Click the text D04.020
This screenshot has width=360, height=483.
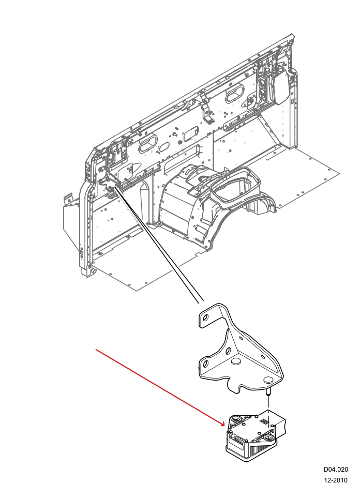coord(336,470)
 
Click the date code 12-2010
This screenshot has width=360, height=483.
coord(336,480)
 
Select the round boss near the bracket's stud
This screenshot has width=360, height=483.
coord(268,380)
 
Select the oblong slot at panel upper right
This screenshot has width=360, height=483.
coord(235,96)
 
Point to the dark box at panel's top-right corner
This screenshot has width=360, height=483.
coord(282,85)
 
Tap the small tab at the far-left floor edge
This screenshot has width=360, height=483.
coord(68,198)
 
